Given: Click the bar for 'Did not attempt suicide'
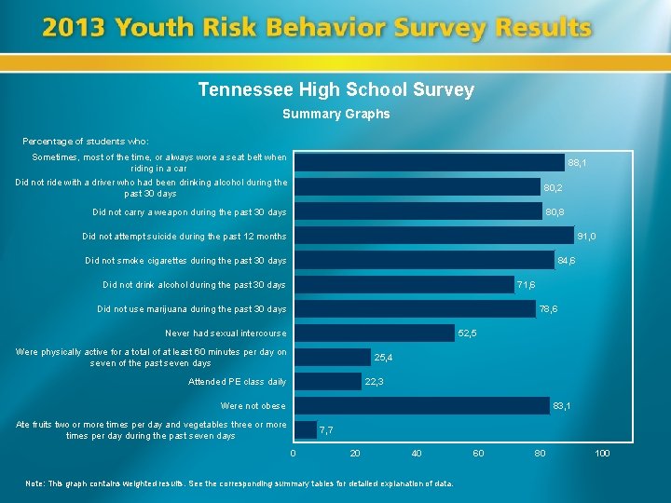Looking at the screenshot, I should pos(433,236).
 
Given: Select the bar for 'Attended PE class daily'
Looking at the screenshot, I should pos(327,381).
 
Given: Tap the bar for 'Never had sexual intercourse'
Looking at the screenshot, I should pos(374,333).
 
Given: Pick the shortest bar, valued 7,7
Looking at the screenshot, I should pos(305,429).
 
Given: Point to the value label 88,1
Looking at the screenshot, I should pos(577,163).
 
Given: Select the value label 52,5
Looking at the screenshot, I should pos(468,333).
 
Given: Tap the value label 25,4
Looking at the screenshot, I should pos(383,358).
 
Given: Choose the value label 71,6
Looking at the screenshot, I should pos(526,285).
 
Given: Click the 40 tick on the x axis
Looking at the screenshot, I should pos(417,454).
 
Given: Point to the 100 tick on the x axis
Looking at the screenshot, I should pos(602,454).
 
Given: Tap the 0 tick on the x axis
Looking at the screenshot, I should pos(293,454).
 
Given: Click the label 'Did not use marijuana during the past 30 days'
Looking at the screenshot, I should pos(192,309).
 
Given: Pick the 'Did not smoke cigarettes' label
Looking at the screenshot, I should pos(185,261).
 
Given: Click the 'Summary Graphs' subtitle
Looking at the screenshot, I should pos(335,115).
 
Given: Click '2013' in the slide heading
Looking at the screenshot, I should pos(73,28).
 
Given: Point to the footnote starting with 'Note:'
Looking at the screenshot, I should pos(240,483).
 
